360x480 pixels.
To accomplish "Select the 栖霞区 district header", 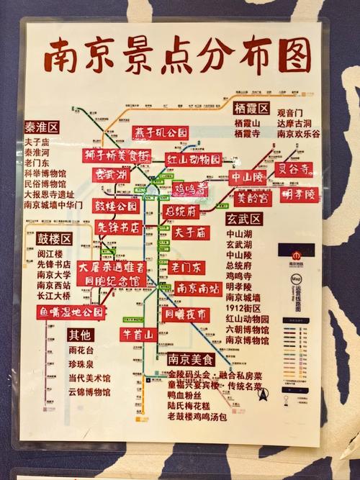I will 251,109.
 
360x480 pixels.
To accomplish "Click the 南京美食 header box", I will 191,359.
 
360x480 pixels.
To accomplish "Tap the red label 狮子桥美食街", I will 116,155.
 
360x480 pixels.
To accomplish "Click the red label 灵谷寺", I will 295,169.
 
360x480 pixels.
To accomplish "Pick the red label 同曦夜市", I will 186,314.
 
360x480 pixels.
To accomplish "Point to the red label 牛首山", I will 139,335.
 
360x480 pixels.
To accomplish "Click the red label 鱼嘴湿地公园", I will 72,312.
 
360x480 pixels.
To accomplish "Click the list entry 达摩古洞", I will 294,123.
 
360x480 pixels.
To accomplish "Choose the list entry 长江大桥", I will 55,295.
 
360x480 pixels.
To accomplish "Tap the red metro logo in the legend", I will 297,255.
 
